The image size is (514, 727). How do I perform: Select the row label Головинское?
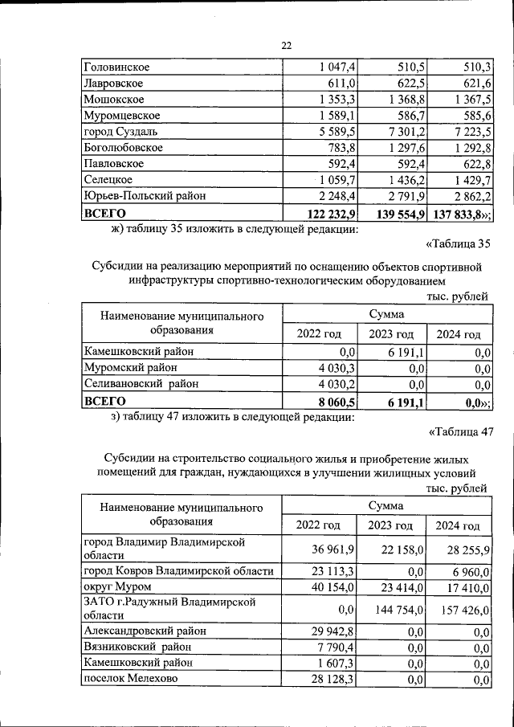116,67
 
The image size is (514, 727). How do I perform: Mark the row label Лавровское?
114,83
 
